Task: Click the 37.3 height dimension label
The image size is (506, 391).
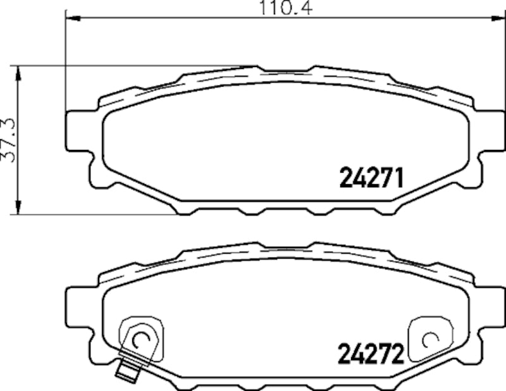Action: (8, 140)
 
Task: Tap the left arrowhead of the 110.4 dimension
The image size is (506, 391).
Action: (71, 19)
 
